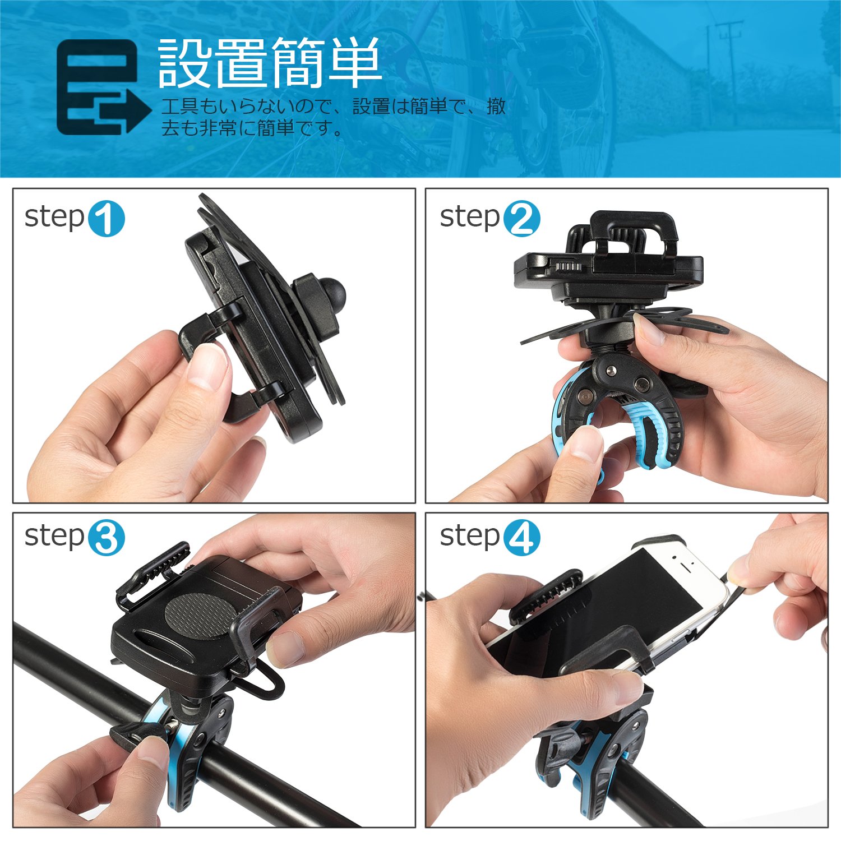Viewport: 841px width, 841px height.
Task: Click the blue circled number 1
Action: click(x=106, y=218)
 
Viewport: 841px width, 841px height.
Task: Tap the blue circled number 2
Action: click(x=521, y=218)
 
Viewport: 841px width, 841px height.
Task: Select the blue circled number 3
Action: click(x=106, y=538)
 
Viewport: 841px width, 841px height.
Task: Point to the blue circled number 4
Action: click(x=521, y=538)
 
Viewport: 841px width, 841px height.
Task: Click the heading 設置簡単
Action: click(x=270, y=63)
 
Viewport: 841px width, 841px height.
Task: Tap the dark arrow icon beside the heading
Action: click(x=104, y=87)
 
